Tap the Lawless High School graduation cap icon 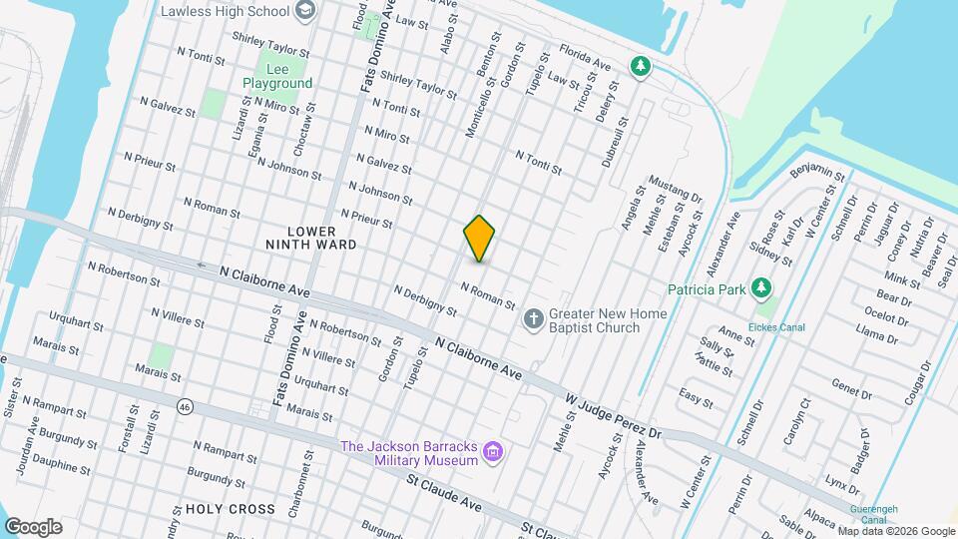coord(305,12)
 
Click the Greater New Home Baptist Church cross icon coord(534,319)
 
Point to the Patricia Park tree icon coord(762,289)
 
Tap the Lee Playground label coord(277,76)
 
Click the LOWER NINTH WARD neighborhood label coord(310,237)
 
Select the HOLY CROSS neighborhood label coord(230,509)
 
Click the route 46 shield coord(185,406)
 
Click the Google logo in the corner coord(33,526)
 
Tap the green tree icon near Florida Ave coord(640,67)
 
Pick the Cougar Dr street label coord(916,384)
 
